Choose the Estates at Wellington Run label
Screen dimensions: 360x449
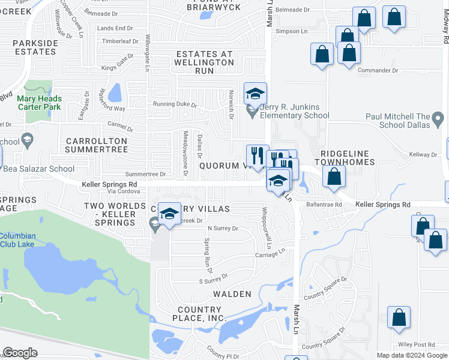[x=203, y=62]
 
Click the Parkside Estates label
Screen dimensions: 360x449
[x=34, y=47]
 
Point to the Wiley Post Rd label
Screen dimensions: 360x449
[x=417, y=345]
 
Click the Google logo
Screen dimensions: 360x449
[x=20, y=353]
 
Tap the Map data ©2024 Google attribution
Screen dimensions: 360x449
[x=412, y=355]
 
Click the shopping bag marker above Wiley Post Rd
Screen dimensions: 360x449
[x=399, y=317]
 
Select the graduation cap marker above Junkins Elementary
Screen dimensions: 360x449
[x=255, y=94]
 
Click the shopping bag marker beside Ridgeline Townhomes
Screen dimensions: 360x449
[x=334, y=176]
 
